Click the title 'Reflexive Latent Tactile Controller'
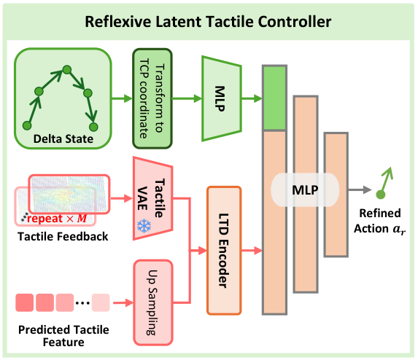(x=208, y=22)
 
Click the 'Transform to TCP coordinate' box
(x=152, y=98)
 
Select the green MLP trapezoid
(x=222, y=98)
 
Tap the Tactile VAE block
(x=152, y=198)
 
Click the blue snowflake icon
(x=144, y=226)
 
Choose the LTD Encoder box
(x=224, y=250)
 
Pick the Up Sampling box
(x=153, y=302)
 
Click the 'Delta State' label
(x=63, y=139)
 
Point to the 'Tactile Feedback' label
(x=63, y=236)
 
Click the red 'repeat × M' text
(x=57, y=219)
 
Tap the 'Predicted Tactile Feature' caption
(x=63, y=336)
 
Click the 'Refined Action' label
(x=379, y=221)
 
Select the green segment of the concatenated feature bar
(x=274, y=98)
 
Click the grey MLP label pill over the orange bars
(x=305, y=190)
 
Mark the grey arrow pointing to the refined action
(x=360, y=190)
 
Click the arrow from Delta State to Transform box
(x=122, y=98)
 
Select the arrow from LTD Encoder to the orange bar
(x=252, y=250)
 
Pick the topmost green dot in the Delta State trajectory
(x=66, y=70)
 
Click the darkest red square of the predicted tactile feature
(x=25, y=302)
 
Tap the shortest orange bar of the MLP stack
(x=336, y=195)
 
